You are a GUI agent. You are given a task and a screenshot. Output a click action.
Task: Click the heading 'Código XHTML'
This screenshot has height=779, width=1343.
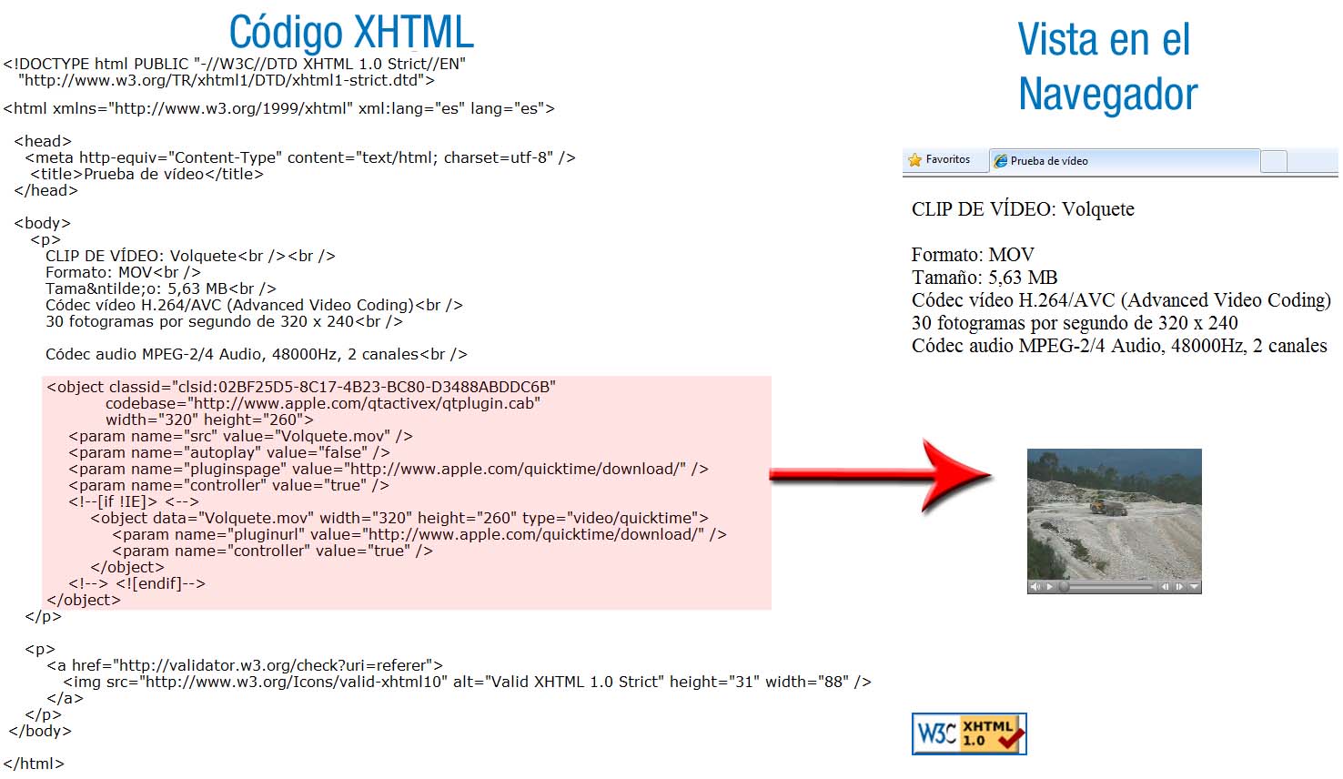coord(351,33)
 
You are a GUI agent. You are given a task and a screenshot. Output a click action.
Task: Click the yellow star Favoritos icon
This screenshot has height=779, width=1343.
coord(915,159)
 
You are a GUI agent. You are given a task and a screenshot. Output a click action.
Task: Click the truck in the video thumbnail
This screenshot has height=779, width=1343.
coord(1106,508)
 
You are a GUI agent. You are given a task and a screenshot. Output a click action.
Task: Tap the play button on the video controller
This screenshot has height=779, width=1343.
coord(1049,586)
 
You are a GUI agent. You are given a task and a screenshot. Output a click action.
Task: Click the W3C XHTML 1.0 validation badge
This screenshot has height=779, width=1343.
coord(969,733)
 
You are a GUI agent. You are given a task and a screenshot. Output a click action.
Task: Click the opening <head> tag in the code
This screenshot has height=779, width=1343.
coord(43,141)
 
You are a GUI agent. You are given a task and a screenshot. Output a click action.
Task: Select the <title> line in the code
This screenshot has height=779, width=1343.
coord(146,174)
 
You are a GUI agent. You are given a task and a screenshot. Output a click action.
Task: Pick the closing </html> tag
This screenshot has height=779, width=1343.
coord(34,764)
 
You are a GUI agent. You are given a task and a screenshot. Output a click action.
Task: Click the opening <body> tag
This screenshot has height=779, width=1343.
coord(42,223)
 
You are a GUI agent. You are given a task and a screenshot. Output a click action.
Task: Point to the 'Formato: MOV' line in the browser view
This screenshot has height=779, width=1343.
coord(973,255)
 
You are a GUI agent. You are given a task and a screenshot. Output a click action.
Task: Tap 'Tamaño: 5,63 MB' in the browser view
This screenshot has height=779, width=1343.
coord(985,278)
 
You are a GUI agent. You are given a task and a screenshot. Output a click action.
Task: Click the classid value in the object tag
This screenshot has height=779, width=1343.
coord(364,387)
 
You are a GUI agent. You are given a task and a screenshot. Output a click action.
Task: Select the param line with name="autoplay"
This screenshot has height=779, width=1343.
coord(229,452)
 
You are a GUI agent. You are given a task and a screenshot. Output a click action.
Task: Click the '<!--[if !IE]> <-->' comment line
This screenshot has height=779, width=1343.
coord(134,501)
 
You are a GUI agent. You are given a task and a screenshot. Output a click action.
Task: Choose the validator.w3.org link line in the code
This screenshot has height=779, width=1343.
coord(245,665)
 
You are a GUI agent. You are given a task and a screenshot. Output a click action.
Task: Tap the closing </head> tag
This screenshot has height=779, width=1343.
coord(46,190)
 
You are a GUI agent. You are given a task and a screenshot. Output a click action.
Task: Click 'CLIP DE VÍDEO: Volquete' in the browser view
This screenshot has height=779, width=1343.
coord(1023,208)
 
